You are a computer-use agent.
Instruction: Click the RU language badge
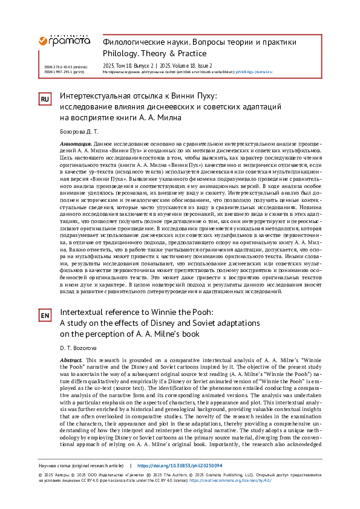45,99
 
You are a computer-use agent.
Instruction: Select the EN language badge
45,316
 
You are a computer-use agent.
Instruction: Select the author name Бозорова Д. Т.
78,132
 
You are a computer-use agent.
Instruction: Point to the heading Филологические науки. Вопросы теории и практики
200,42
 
